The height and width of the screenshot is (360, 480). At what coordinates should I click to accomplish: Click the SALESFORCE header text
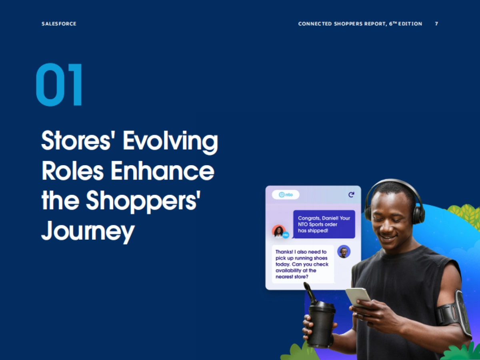coord(59,24)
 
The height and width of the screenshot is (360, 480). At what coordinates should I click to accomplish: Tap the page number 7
coord(436,24)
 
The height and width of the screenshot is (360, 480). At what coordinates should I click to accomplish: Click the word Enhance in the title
coord(162,171)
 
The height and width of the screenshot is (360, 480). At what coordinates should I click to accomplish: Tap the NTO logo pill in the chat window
coord(286,195)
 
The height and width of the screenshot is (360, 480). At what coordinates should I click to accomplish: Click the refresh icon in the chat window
coord(351,195)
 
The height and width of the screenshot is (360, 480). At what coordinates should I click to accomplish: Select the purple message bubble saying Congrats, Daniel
coord(324,224)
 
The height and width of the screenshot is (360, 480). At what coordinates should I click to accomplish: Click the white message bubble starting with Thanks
coord(303,264)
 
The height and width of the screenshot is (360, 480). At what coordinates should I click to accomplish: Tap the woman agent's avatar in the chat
coord(278,231)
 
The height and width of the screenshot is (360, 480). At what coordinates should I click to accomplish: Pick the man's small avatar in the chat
coord(344,252)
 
